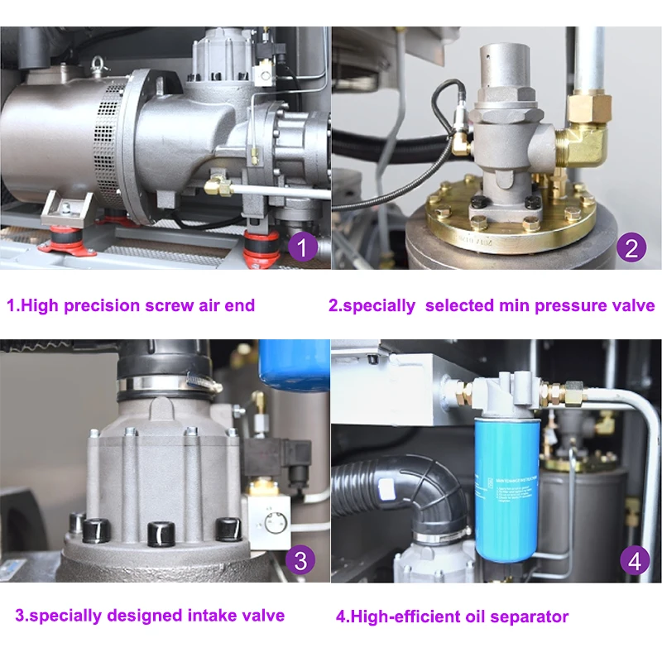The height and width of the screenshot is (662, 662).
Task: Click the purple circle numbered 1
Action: [x=303, y=247]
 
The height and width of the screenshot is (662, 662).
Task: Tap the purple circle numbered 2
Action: [x=631, y=247]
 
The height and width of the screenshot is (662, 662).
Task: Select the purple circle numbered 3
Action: [x=300, y=560]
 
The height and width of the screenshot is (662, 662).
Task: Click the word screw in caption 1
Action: [x=163, y=305]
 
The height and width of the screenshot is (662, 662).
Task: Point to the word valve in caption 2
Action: [x=631, y=305]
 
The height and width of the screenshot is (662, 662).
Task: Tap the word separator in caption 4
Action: [x=532, y=616]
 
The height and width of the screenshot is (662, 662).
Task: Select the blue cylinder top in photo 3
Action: [x=294, y=364]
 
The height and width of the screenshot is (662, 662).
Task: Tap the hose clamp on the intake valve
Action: [x=169, y=383]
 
